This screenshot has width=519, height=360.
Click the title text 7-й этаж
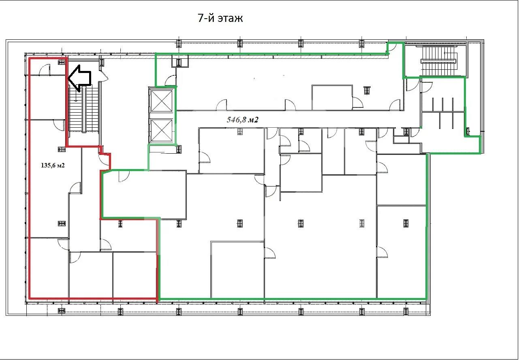click(x=220, y=18)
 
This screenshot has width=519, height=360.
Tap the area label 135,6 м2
click(x=53, y=165)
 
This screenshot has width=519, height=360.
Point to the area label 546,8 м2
click(x=243, y=120)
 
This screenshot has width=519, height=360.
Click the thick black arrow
click(x=79, y=78)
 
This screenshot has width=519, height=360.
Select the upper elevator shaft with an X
click(x=162, y=101)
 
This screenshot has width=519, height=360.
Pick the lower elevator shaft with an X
click(x=162, y=130)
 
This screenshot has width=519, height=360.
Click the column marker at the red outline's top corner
click(x=62, y=62)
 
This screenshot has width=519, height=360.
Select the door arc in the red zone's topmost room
click(x=44, y=69)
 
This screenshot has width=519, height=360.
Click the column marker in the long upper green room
click(x=367, y=90)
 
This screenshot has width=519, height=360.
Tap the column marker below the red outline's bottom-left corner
click(x=62, y=311)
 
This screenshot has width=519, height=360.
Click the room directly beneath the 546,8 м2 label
click(x=232, y=151)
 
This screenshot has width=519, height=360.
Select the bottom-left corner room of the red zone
click(x=49, y=268)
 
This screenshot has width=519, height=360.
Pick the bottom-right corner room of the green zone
click(x=401, y=252)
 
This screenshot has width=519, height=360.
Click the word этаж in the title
click(x=230, y=19)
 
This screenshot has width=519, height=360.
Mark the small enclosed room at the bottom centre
click(x=237, y=270)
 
